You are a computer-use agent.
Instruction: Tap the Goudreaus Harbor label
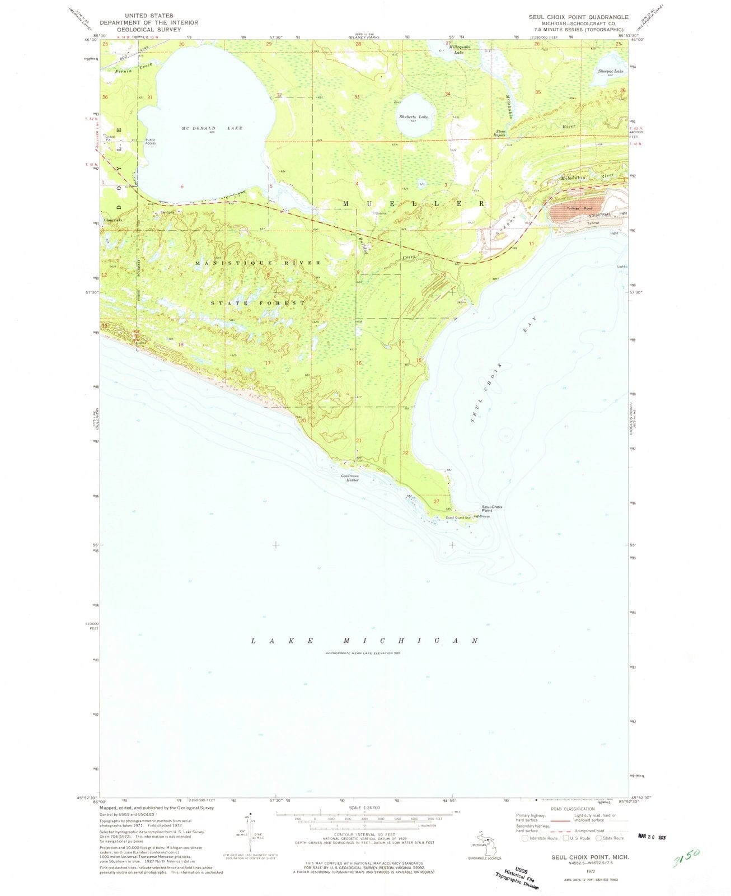(x=349, y=479)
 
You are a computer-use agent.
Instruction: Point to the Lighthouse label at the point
(x=482, y=516)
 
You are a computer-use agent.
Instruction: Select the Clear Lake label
(x=110, y=220)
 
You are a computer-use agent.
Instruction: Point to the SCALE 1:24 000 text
(x=363, y=808)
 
